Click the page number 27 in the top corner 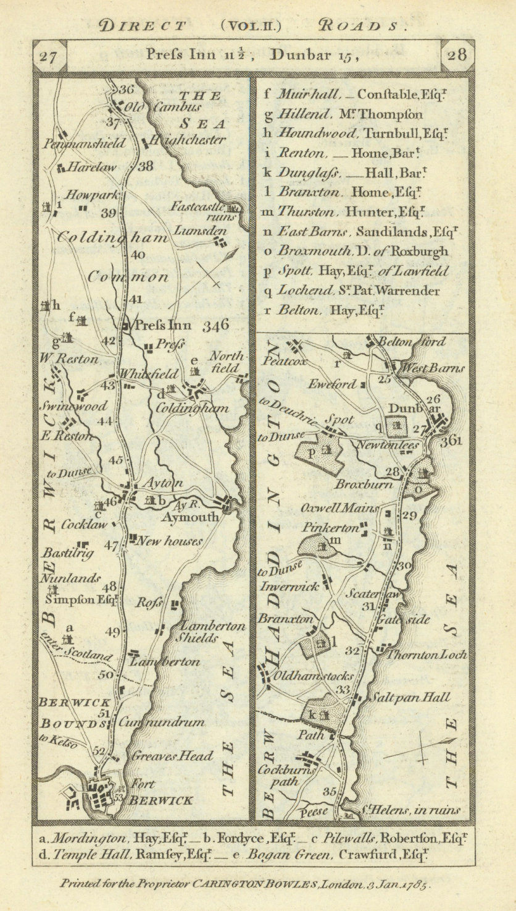[x=48, y=56]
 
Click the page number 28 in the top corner [x=457, y=56]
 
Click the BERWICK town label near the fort [x=161, y=800]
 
